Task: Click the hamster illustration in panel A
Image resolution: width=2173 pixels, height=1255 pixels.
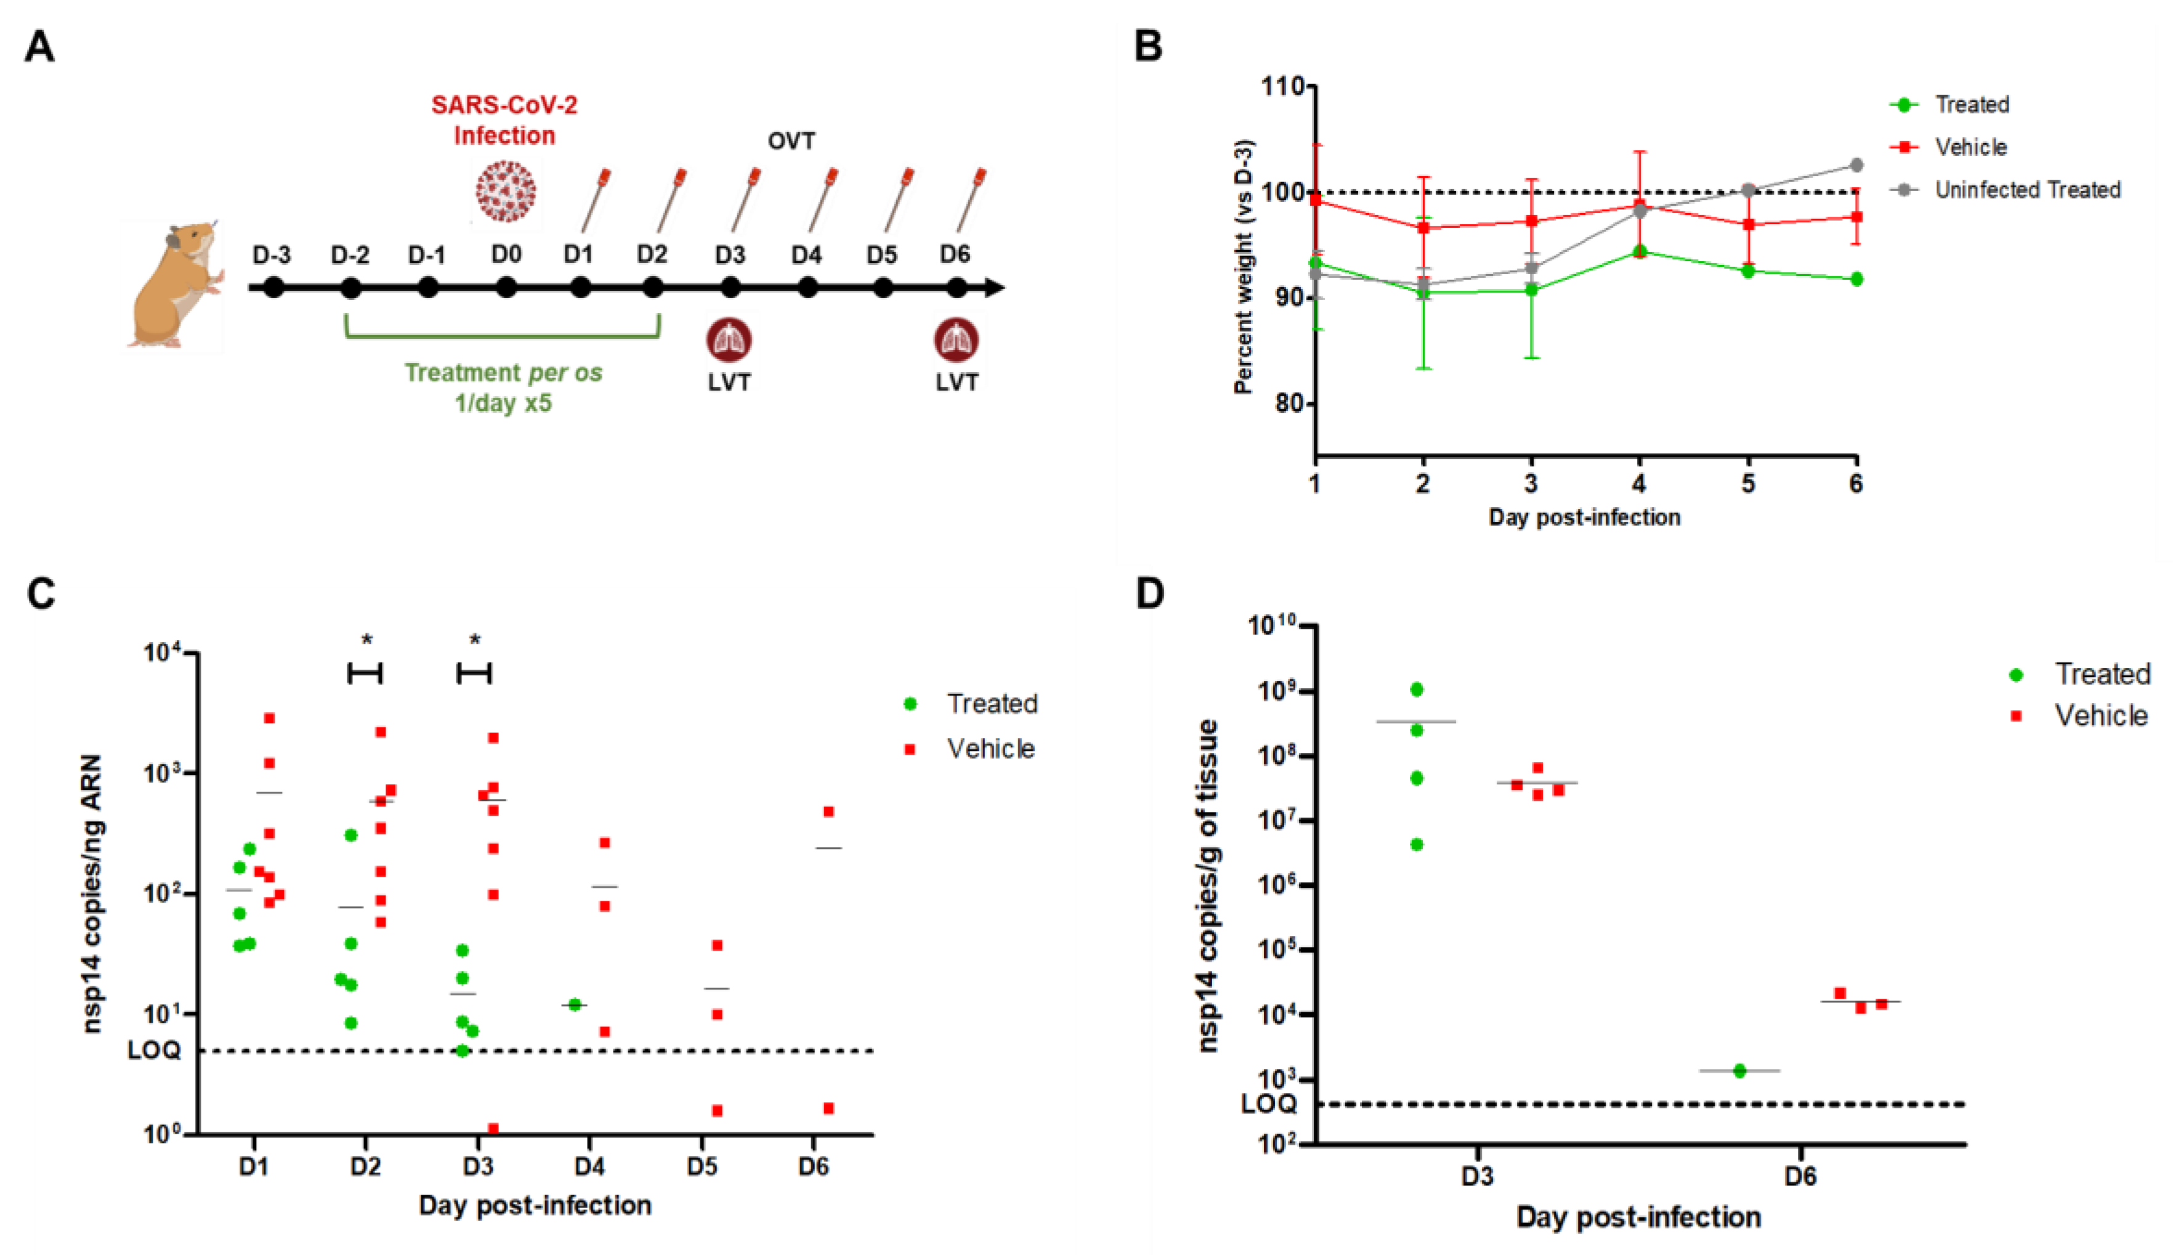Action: [x=175, y=285]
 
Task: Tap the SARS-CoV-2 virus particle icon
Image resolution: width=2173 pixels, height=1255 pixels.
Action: [x=506, y=192]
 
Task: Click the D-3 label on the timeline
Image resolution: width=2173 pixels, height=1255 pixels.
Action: [x=272, y=255]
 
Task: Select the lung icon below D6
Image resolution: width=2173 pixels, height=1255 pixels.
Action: [x=957, y=339]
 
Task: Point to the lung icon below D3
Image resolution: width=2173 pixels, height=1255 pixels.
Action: [x=729, y=339]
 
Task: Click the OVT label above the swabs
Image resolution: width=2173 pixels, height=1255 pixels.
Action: [x=791, y=140]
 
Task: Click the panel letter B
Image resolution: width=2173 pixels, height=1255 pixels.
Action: [x=1149, y=46]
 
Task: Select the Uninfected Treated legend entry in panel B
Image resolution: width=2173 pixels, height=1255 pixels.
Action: [x=2026, y=190]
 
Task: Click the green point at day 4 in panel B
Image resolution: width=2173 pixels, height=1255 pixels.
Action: [x=1640, y=252]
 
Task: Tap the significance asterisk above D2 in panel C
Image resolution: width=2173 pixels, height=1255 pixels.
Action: [x=367, y=640]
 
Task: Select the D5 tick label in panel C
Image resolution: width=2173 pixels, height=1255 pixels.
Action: [x=702, y=1166]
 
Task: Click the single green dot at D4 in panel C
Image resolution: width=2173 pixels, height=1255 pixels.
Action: [x=575, y=1004]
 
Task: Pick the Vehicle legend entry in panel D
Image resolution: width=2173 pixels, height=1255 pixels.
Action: [x=2100, y=715]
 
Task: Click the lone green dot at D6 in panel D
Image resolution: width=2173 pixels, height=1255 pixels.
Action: [x=1739, y=1071]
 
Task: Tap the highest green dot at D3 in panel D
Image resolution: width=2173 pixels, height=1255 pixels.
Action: [x=1417, y=689]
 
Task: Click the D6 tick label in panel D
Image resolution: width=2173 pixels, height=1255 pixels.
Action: [x=1800, y=1176]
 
